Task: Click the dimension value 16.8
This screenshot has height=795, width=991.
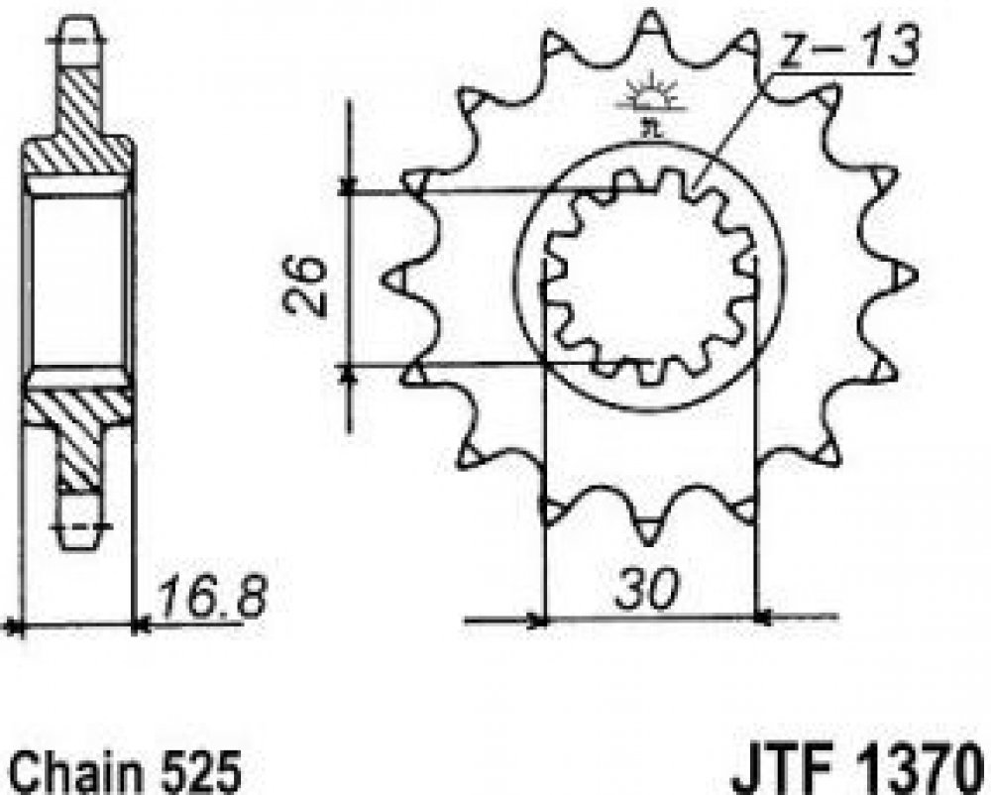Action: (211, 597)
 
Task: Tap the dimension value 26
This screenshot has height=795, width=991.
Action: (305, 285)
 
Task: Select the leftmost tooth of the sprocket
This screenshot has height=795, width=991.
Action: (398, 279)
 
